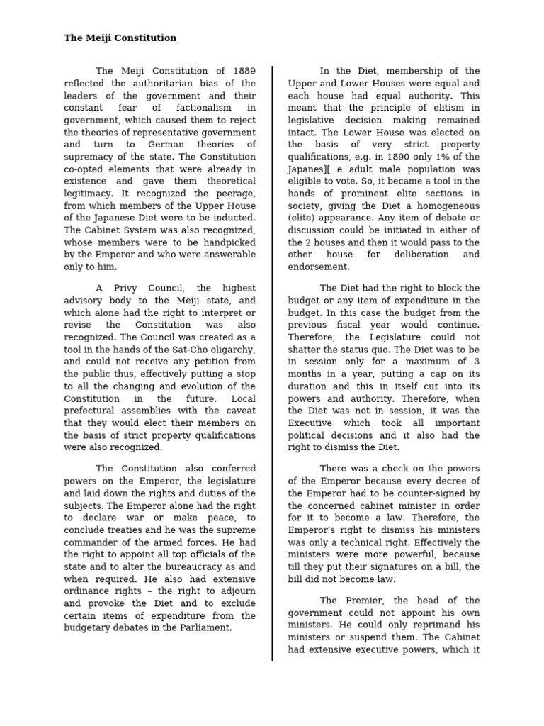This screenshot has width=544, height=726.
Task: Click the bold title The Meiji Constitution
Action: click(x=120, y=38)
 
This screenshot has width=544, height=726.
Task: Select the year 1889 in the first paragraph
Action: click(x=242, y=71)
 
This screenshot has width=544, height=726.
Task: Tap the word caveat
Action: click(x=238, y=411)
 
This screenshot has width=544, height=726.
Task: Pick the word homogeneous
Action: click(x=443, y=206)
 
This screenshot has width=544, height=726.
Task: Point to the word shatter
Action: click(x=305, y=350)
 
